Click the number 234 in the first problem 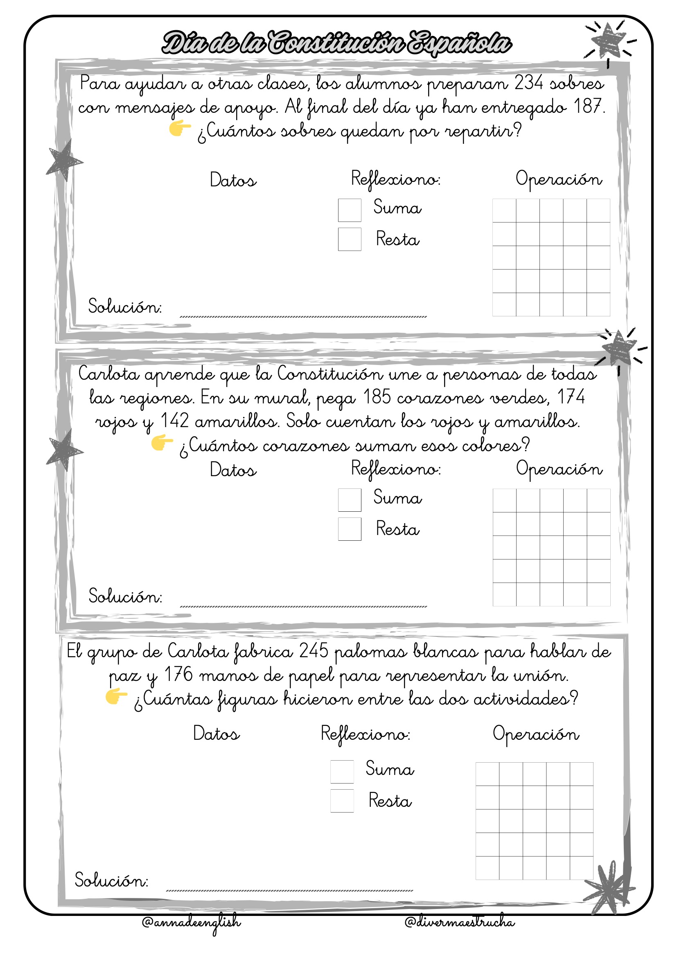(x=528, y=83)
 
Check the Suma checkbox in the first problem (x=349, y=210)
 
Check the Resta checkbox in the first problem (x=349, y=240)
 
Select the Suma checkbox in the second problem (x=349, y=500)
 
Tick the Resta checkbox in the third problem (x=342, y=801)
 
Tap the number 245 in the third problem (x=314, y=651)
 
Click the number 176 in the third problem (x=178, y=674)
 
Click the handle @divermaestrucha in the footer (x=460, y=922)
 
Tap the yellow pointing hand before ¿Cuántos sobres (x=180, y=129)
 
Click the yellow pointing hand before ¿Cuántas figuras (x=116, y=696)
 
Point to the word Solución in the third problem (x=111, y=880)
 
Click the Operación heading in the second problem (x=559, y=469)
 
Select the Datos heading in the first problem (x=233, y=180)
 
